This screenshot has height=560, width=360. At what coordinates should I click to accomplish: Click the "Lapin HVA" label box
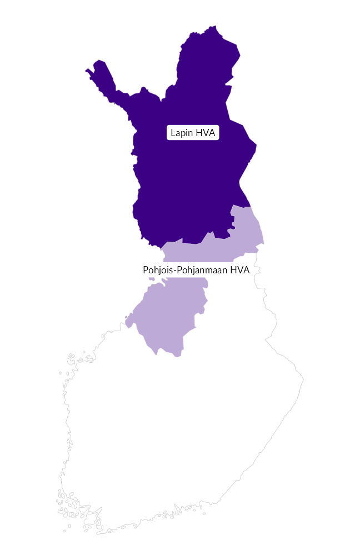coord(193,133)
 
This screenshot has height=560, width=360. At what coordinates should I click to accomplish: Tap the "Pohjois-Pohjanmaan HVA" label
coord(196,270)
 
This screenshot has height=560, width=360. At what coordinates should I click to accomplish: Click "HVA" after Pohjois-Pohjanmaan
coord(239,270)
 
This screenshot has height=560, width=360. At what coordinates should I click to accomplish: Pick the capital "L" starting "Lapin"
coord(173,133)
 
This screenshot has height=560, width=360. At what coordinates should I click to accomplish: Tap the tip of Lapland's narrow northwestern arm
coord(87,71)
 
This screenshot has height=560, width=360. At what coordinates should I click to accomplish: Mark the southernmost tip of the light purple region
coord(178,356)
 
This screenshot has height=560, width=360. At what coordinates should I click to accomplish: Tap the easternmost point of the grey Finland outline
coord(303,381)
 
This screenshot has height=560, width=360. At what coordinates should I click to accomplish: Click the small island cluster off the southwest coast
coord(67,503)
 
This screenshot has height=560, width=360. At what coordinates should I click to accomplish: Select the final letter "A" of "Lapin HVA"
coord(212,133)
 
